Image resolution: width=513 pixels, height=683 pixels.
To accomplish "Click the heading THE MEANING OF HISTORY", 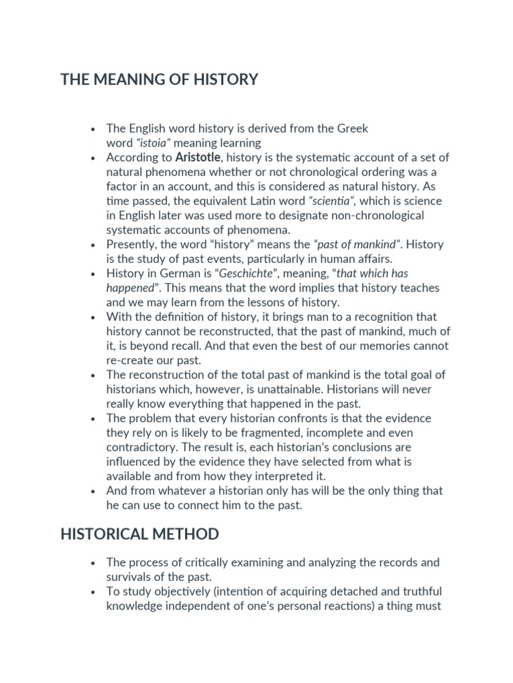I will click(159, 80).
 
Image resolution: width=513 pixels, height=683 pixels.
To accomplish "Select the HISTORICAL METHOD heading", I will click(140, 534).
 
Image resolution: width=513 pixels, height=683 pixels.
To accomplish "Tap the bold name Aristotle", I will click(197, 157).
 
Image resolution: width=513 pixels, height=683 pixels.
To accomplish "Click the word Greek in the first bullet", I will click(352, 128).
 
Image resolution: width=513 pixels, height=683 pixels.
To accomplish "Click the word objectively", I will click(184, 592).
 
